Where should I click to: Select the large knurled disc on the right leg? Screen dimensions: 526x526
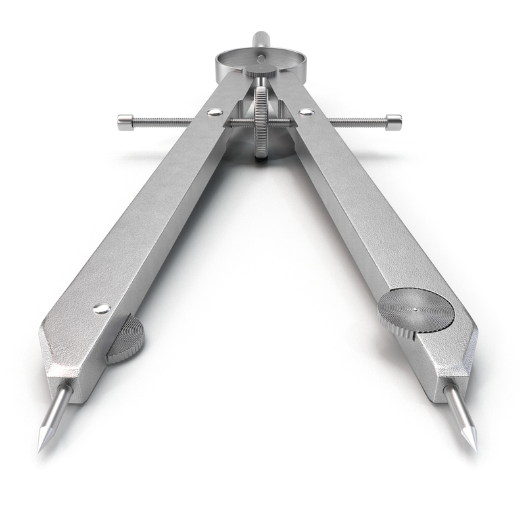coord(416,311)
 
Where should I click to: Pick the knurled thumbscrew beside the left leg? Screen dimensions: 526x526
coord(126,340)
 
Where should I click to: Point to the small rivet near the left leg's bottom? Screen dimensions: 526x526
coord(101,308)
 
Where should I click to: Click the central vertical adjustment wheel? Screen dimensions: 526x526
coord(262,122)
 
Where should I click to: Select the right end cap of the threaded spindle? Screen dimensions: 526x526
coord(393,120)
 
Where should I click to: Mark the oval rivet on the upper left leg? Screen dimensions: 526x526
coord(214,112)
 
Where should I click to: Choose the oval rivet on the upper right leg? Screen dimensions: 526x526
coord(306,112)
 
